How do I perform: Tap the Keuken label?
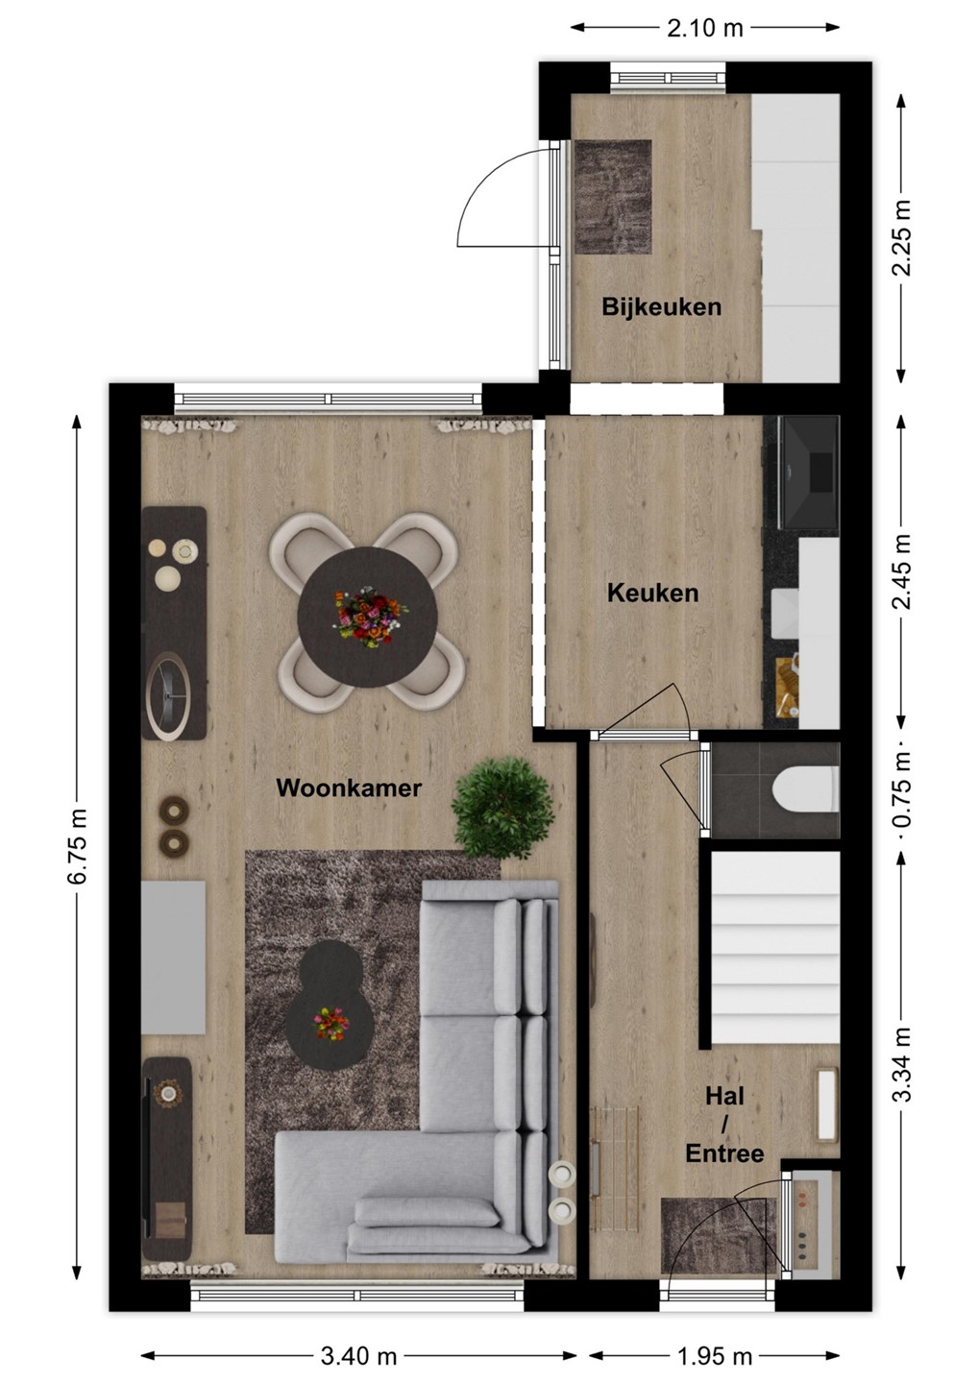652,594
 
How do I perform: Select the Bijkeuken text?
661,307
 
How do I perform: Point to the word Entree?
725,1153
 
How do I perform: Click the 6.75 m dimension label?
78,846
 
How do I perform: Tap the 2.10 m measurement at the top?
704,28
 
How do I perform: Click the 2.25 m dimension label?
903,238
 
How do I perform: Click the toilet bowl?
806,789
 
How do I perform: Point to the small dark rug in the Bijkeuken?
613,196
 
